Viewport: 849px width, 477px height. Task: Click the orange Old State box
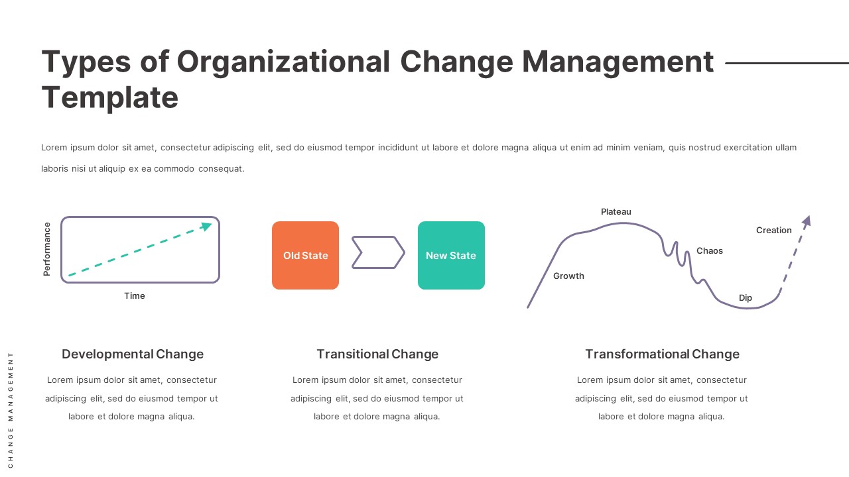[305, 255]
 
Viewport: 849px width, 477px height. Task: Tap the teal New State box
[451, 255]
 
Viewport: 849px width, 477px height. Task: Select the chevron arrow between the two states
[378, 252]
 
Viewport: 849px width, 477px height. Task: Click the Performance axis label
[47, 249]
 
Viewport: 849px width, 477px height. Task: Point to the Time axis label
[135, 296]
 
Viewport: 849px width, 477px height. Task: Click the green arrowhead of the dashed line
[207, 227]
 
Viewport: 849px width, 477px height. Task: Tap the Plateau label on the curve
[616, 212]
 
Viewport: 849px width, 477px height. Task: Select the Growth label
[568, 276]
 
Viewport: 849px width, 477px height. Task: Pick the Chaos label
[710, 251]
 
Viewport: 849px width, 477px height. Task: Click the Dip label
[746, 298]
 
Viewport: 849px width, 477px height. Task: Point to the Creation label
[773, 231]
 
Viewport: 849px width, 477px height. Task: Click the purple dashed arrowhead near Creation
[807, 221]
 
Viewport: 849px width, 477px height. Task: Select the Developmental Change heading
[133, 354]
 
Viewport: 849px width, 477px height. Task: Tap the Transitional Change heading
[377, 354]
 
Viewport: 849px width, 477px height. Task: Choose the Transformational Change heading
[662, 354]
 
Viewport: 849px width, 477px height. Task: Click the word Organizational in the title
[283, 62]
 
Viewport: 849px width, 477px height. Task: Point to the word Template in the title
[110, 97]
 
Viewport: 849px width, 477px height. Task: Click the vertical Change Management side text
[11, 410]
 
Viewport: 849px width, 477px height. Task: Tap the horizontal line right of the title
[787, 64]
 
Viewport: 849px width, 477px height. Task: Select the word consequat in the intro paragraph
[221, 169]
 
